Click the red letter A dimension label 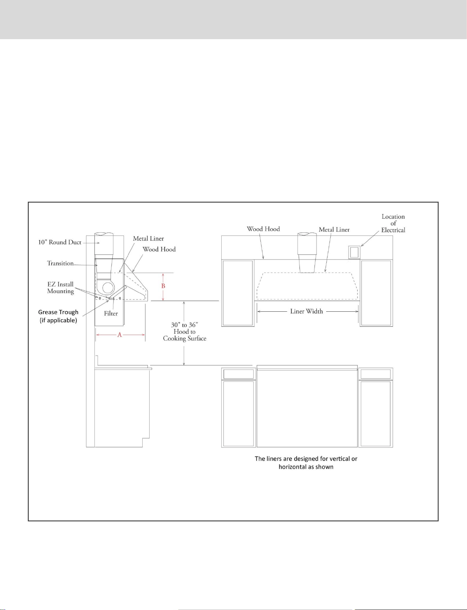coord(120,335)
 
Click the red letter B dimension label coord(163,286)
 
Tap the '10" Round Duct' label coord(60,242)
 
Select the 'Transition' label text coord(60,263)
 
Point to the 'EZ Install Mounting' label coord(60,288)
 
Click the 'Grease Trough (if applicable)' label coord(58,316)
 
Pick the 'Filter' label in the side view coord(111,314)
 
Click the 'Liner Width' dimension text coord(306,311)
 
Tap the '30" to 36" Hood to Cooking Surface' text coord(185,332)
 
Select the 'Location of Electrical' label coord(393,224)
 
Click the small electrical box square coord(354,252)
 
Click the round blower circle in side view coord(109,288)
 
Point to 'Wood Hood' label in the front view coord(263,229)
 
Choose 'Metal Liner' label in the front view coord(334,229)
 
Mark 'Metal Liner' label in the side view coord(148,239)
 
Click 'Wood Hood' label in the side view coord(159,249)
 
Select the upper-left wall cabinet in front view coord(238,293)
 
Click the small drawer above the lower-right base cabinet coord(376,374)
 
